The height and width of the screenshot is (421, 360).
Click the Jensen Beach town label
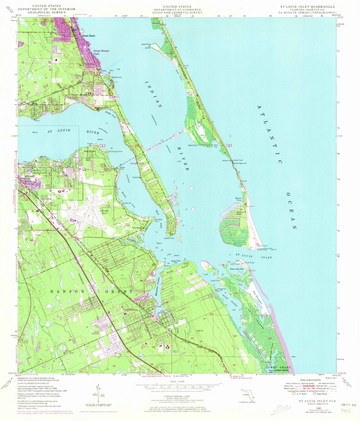pyautogui.click(x=88, y=36)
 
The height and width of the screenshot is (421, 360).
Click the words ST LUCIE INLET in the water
pyautogui.click(x=254, y=257)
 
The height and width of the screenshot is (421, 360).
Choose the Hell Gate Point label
pyautogui.click(x=158, y=220)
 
